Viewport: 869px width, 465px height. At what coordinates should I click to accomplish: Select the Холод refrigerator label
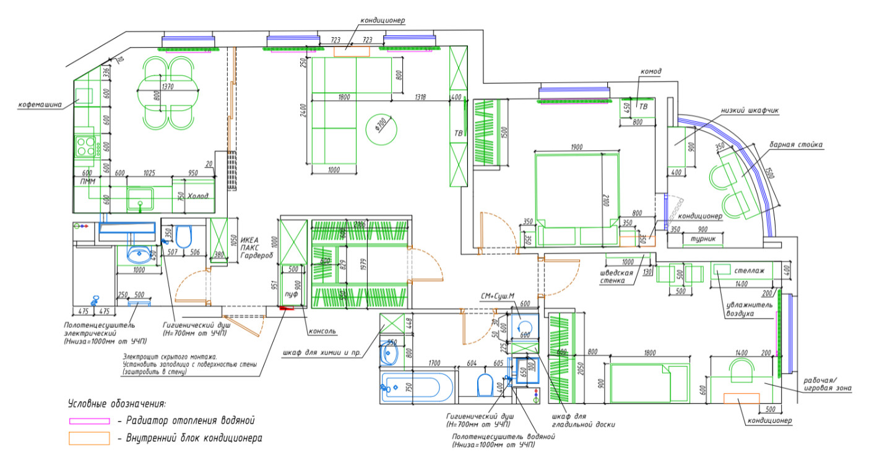click(x=197, y=197)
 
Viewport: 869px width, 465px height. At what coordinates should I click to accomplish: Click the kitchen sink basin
click(x=141, y=198)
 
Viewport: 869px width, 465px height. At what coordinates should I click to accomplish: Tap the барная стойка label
click(x=795, y=145)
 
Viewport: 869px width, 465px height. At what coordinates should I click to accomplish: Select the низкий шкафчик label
click(x=750, y=111)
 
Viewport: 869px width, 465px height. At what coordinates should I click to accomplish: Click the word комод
click(x=650, y=72)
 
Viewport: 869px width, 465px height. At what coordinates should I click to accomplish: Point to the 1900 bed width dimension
click(x=576, y=147)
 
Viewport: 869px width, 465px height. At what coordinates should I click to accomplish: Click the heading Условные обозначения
click(x=116, y=404)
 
